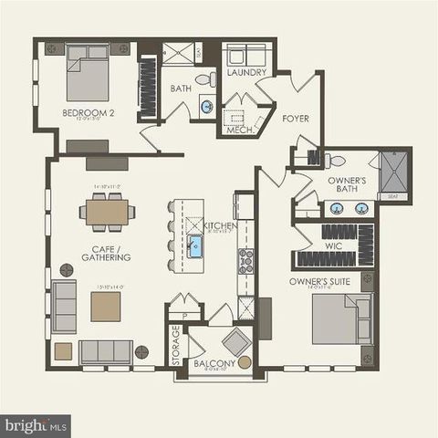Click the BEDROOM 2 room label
pos(86,113)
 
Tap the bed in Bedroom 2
pos(89,74)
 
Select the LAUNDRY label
pos(246,72)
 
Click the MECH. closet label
pos(240,130)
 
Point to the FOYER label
pos(295,118)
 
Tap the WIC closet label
pos(334,245)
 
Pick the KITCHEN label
pos(220,225)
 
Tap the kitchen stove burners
pos(245,262)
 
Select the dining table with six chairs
pos(107,213)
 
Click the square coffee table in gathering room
pos(104,307)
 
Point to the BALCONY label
pos(215,363)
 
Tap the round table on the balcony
pos(244,362)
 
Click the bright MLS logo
pos(36,424)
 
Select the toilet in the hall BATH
pos(205,78)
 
